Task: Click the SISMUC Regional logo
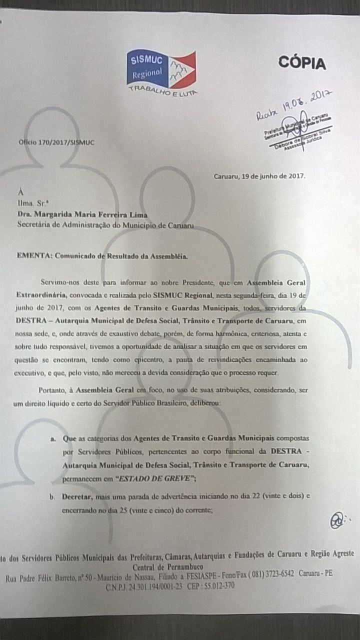click(160, 69)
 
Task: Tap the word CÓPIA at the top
click(302, 63)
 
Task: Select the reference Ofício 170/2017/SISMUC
click(56, 142)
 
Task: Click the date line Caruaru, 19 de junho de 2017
click(259, 176)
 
